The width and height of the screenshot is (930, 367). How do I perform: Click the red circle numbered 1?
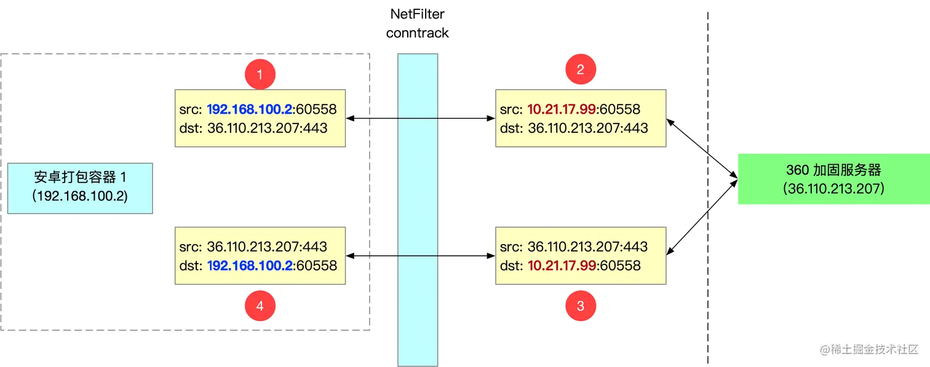coord(260,75)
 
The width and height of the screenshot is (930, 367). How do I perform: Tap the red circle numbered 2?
coord(581,69)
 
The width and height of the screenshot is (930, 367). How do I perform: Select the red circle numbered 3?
coord(581,305)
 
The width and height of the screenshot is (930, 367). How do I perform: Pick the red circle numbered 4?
coord(260,305)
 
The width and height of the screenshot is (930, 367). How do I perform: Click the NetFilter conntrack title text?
coord(417,23)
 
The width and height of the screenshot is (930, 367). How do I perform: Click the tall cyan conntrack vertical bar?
coord(418,209)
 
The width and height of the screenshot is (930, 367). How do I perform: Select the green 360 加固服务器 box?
coord(833,179)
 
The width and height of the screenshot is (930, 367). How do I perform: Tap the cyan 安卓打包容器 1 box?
coord(80,187)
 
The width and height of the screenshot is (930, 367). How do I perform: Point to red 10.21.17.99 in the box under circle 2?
coord(562,109)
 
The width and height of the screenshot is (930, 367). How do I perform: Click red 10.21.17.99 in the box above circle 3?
coord(562,266)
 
